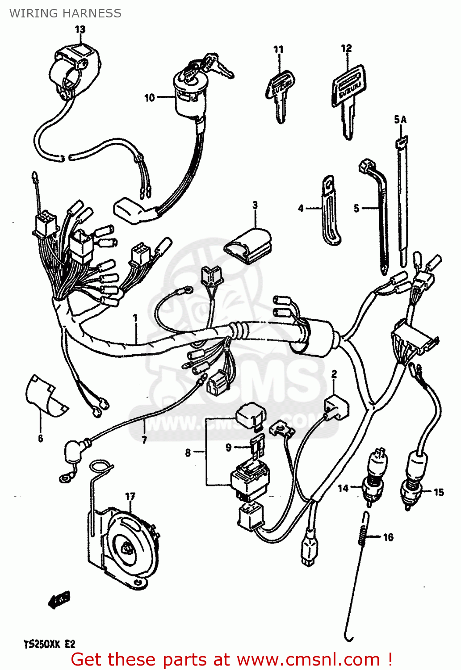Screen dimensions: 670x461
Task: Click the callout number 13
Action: (80, 29)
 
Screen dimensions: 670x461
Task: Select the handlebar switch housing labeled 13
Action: (74, 71)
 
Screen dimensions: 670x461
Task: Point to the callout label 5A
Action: (400, 120)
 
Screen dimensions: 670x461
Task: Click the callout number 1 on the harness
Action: (135, 318)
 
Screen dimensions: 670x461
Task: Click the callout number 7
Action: (144, 440)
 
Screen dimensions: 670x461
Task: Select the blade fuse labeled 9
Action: (258, 446)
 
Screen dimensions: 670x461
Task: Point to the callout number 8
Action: (188, 453)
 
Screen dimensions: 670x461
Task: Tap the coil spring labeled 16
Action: (364, 529)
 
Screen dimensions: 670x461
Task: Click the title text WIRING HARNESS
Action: (65, 13)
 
